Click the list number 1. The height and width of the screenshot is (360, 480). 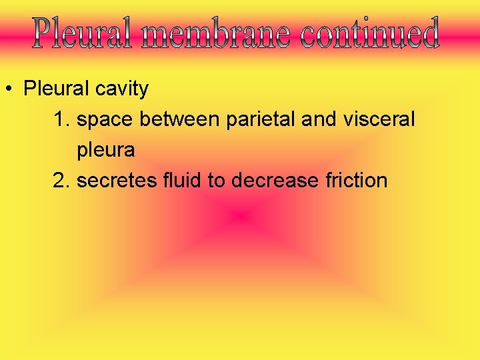point(61,120)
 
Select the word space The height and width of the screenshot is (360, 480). point(106,120)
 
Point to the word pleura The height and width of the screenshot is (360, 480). point(105,151)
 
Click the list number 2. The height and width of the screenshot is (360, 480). point(61,181)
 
